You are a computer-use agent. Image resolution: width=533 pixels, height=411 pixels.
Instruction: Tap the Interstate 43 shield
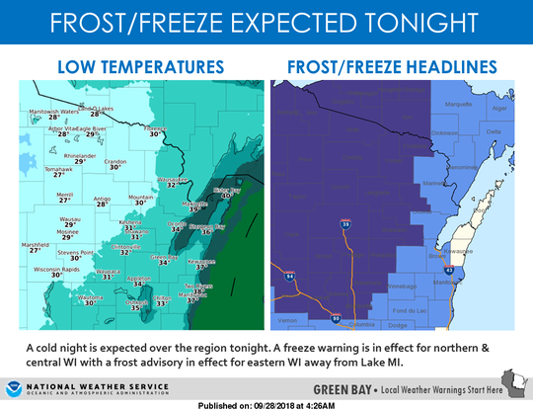448,268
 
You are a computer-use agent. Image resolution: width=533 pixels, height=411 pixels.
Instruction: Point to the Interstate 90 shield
337,318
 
